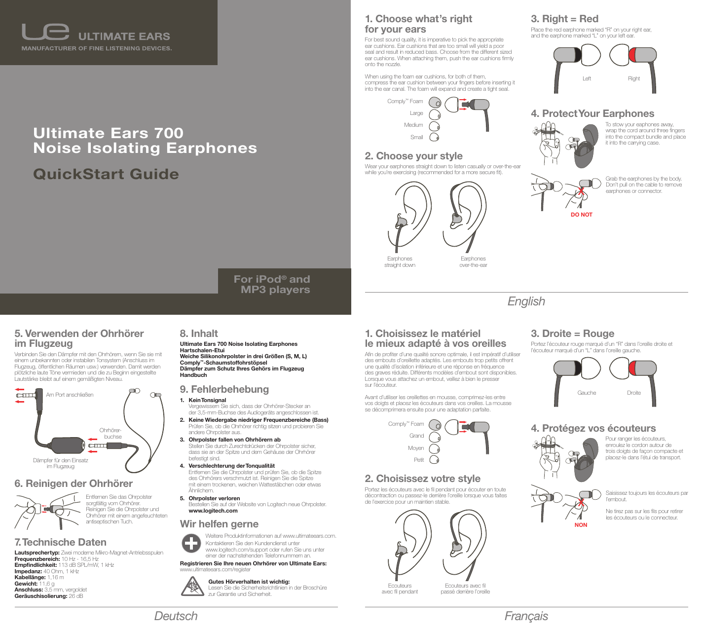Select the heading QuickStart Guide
pos(106,174)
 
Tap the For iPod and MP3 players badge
pos(272,285)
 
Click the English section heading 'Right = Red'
pos(564,19)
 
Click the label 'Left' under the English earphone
pos(587,78)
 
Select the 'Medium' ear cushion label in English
pos(413,125)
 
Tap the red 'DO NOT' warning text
pos(581,215)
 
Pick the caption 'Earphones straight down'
pos(400,262)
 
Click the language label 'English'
pos(526,301)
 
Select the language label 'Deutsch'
pos(176,616)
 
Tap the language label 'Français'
pos(526,616)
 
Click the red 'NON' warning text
pos(581,525)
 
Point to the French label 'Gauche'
pos(587,393)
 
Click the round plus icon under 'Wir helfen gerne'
pos(191,543)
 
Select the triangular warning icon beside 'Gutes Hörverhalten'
pos(191,587)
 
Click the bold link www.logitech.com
pos(213,511)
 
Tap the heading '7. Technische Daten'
pos(61,542)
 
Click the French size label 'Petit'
pos(419,460)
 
